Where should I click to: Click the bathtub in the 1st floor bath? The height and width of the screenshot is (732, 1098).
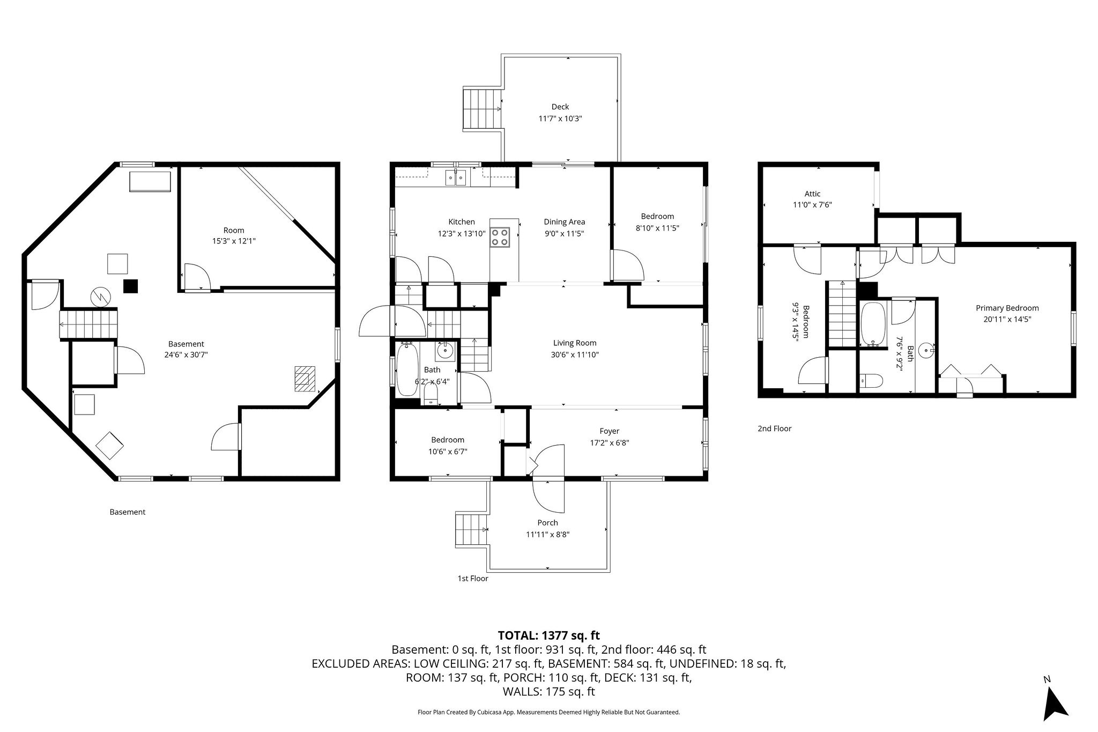(x=407, y=369)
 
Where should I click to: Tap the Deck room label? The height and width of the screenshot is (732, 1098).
(x=560, y=107)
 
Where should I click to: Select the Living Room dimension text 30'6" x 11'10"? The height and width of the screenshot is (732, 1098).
(x=575, y=354)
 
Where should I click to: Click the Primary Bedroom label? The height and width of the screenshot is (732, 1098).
(x=1007, y=308)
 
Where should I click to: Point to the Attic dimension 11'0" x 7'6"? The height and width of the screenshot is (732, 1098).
(x=812, y=204)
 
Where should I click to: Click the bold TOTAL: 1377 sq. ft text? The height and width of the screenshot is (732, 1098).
(x=549, y=635)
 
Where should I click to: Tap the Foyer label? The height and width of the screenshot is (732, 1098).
(x=610, y=431)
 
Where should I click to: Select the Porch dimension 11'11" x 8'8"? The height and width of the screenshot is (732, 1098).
(x=547, y=534)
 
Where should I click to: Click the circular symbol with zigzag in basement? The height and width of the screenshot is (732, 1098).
(x=101, y=295)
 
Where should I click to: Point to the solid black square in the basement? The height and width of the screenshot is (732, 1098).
(x=131, y=286)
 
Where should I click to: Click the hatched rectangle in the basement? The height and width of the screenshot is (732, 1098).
(x=305, y=379)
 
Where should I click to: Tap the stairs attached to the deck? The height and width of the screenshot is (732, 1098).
(x=483, y=109)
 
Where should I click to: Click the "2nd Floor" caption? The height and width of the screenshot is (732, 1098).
(x=774, y=428)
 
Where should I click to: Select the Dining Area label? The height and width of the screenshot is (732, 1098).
(x=565, y=221)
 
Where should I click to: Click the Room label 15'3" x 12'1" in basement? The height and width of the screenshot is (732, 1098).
(x=234, y=236)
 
